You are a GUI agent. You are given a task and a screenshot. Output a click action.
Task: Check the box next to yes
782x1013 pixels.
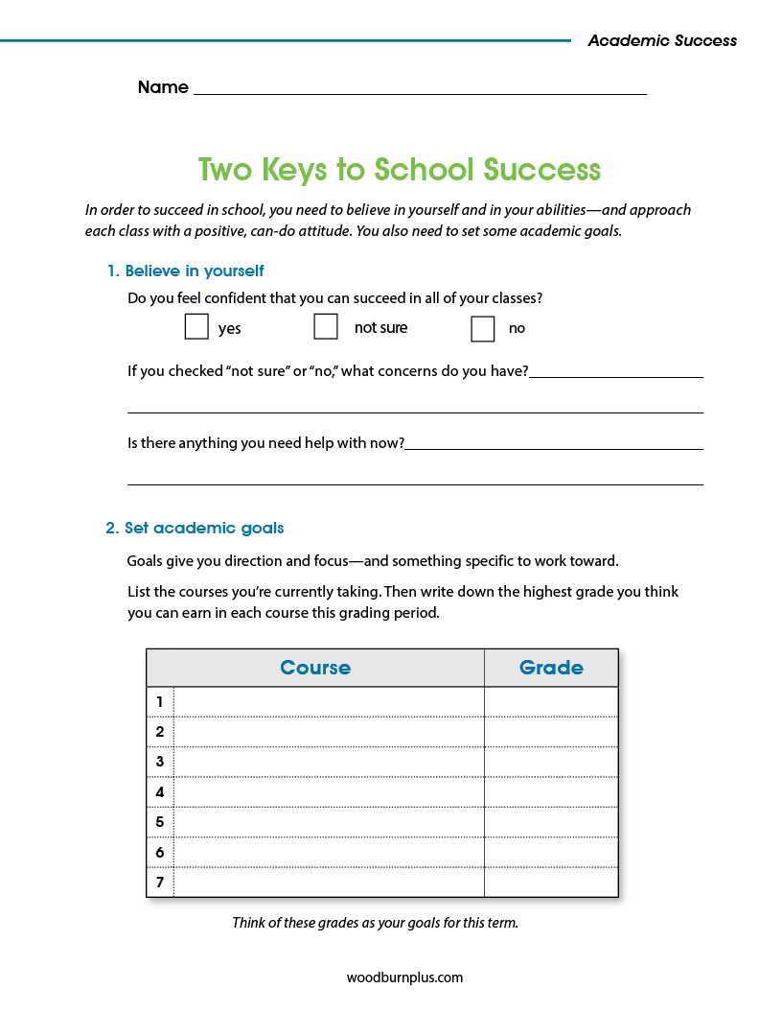point(196,327)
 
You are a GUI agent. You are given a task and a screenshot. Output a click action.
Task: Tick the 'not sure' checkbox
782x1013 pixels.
point(326,327)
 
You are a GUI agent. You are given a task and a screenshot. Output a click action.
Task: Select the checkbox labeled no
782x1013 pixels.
point(483,328)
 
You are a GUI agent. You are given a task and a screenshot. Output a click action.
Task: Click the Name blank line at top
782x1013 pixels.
point(420,88)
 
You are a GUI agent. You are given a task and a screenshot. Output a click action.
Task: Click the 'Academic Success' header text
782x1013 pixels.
point(662,40)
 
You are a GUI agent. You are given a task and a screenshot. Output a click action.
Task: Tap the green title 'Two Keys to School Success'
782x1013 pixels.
point(400,170)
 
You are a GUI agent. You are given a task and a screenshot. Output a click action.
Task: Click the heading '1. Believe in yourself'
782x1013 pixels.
point(185,271)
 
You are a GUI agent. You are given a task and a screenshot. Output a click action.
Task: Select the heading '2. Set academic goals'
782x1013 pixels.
point(195,528)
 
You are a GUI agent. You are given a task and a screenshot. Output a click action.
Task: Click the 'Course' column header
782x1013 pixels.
point(315,668)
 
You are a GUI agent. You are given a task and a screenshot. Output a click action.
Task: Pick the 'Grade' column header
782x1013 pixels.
point(551,668)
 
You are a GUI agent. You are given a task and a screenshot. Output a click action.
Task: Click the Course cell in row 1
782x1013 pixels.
point(329,702)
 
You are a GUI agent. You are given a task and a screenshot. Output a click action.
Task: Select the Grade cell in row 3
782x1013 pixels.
point(551,762)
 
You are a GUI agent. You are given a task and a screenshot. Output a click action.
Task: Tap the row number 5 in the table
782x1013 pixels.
point(160,822)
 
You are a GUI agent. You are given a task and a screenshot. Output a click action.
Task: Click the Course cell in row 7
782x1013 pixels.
point(329,882)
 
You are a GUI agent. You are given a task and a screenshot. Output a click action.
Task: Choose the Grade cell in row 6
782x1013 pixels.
point(551,852)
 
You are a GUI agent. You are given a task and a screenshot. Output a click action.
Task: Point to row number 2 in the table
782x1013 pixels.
point(160,732)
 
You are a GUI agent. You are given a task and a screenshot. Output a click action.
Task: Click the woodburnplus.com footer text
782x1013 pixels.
point(404,978)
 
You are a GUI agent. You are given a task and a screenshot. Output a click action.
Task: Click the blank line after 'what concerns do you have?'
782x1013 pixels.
point(615,373)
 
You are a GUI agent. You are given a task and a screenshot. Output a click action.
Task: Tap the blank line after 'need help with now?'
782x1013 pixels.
point(554,445)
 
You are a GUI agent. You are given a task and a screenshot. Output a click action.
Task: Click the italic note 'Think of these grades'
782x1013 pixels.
point(375,923)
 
